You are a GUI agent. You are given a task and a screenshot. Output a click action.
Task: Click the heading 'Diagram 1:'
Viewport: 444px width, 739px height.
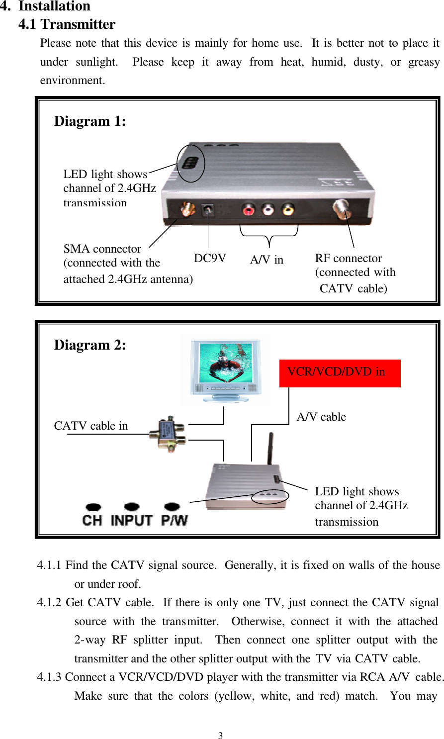pyautogui.click(x=90, y=121)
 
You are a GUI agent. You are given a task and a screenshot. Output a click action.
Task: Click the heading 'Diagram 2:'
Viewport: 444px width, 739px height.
pyautogui.click(x=90, y=345)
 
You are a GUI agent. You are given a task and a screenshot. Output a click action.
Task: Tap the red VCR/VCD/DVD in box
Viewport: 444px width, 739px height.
pyautogui.click(x=340, y=373)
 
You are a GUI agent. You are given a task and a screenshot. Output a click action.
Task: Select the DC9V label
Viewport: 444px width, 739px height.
pyautogui.click(x=210, y=258)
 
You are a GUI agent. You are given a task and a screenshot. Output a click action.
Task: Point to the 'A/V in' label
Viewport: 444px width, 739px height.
pyautogui.click(x=266, y=260)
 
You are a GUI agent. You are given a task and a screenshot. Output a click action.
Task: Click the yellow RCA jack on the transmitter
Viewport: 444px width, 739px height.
pyautogui.click(x=288, y=209)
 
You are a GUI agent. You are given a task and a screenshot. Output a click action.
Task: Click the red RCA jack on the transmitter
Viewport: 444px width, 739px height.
pyautogui.click(x=249, y=209)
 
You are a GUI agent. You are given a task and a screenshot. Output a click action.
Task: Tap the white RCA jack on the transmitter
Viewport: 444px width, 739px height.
pyautogui.click(x=268, y=209)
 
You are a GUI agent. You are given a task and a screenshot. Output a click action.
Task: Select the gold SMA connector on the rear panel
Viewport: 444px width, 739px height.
pyautogui.click(x=187, y=209)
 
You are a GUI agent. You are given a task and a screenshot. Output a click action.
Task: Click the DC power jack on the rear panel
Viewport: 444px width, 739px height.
pyautogui.click(x=207, y=209)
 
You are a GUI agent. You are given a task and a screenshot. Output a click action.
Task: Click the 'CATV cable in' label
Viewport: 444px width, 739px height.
pyautogui.click(x=91, y=426)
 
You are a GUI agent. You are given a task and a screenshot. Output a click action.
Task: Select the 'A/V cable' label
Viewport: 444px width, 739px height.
pyautogui.click(x=321, y=417)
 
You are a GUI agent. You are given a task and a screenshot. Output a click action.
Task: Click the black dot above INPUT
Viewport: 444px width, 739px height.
pyautogui.click(x=132, y=507)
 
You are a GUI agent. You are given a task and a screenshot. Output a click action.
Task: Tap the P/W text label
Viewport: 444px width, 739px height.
pyautogui.click(x=175, y=521)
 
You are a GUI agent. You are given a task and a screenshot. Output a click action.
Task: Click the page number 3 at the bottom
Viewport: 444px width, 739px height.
pyautogui.click(x=220, y=736)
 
